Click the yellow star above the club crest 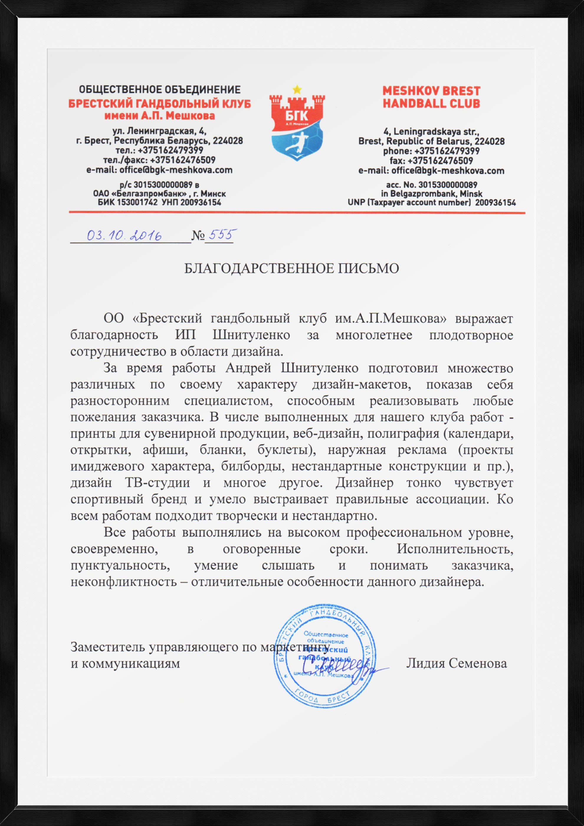297,88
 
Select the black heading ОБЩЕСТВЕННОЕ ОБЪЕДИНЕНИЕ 160,89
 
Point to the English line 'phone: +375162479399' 431,151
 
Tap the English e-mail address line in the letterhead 431,170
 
